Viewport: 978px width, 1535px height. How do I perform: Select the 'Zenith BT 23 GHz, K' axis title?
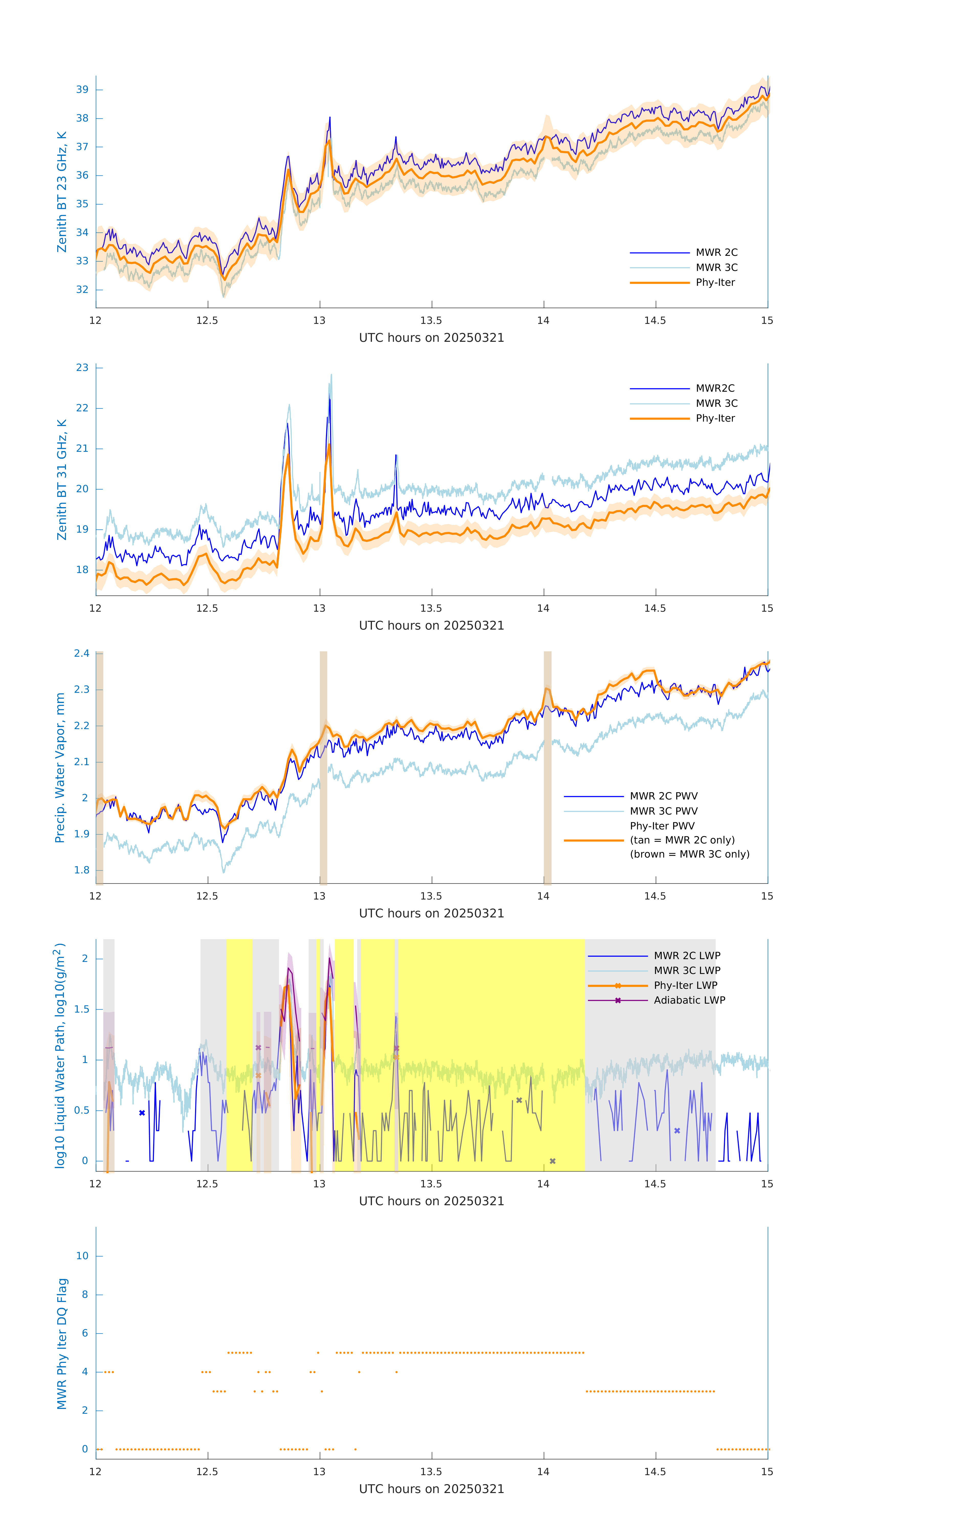pyautogui.click(x=62, y=192)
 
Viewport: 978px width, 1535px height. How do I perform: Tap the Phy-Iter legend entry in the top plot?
pyautogui.click(x=715, y=282)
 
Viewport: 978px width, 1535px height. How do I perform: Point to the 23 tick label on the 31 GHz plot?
pyautogui.click(x=82, y=368)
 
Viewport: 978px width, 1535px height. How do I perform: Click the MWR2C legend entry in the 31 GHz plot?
pyautogui.click(x=715, y=388)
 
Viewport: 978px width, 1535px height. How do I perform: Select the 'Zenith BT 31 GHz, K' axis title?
pyautogui.click(x=62, y=479)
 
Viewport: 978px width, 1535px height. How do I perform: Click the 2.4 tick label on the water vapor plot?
pyautogui.click(x=82, y=653)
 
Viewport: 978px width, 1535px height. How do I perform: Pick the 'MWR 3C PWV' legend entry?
pyautogui.click(x=663, y=811)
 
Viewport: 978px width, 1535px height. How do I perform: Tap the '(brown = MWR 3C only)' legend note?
pyautogui.click(x=689, y=854)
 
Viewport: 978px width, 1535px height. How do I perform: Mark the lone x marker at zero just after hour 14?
pyautogui.click(x=552, y=1161)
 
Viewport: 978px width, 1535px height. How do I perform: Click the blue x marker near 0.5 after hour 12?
pyautogui.click(x=142, y=1113)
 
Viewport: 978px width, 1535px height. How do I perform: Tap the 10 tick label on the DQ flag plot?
pyautogui.click(x=82, y=1256)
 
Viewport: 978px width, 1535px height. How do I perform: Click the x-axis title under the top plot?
pyautogui.click(x=431, y=338)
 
